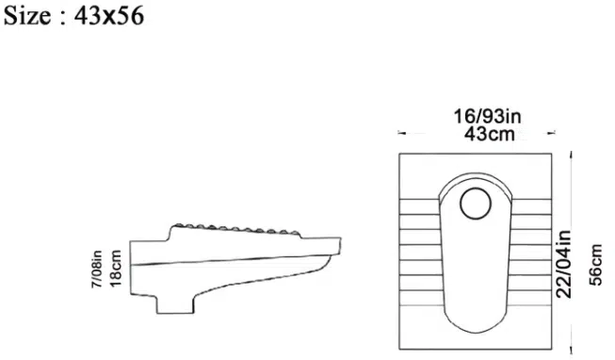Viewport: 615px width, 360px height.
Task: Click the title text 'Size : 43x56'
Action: coord(73,16)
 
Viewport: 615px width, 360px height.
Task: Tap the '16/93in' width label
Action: coord(488,116)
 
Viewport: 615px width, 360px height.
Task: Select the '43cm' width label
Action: coord(490,134)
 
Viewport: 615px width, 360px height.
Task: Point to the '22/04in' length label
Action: coord(563,264)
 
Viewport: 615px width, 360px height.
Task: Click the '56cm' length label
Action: coord(595,265)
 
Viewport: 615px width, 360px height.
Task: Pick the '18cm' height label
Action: coord(116,269)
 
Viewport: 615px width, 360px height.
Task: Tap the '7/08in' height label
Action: coord(96,269)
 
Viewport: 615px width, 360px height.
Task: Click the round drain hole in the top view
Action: coord(476,204)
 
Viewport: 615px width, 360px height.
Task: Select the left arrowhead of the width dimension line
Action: coord(401,133)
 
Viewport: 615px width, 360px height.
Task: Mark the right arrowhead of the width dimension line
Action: coord(552,133)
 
